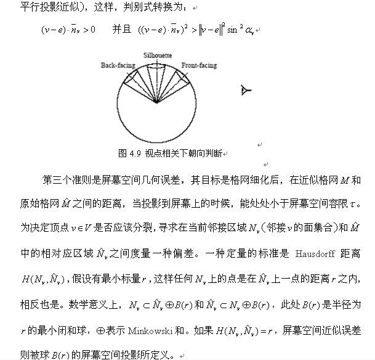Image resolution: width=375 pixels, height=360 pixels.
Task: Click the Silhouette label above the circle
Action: point(158,55)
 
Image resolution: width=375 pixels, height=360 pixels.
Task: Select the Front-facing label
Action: point(198,64)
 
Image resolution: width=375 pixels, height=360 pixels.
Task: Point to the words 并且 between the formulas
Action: point(121,30)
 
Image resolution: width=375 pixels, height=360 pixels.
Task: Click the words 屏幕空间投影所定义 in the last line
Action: point(130,356)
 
